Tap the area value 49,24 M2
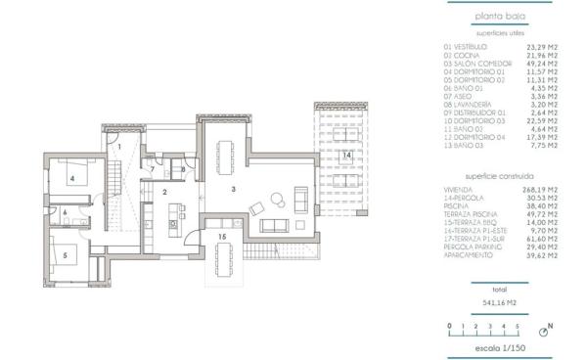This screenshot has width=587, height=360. click(x=544, y=64)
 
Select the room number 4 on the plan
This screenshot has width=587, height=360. click(x=71, y=179)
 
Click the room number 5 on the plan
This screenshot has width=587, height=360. click(x=66, y=255)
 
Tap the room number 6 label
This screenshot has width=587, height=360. click(x=65, y=211)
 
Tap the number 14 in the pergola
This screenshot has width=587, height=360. click(x=345, y=155)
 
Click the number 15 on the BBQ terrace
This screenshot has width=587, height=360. click(x=222, y=236)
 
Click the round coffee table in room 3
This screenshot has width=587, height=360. click(x=275, y=201)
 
